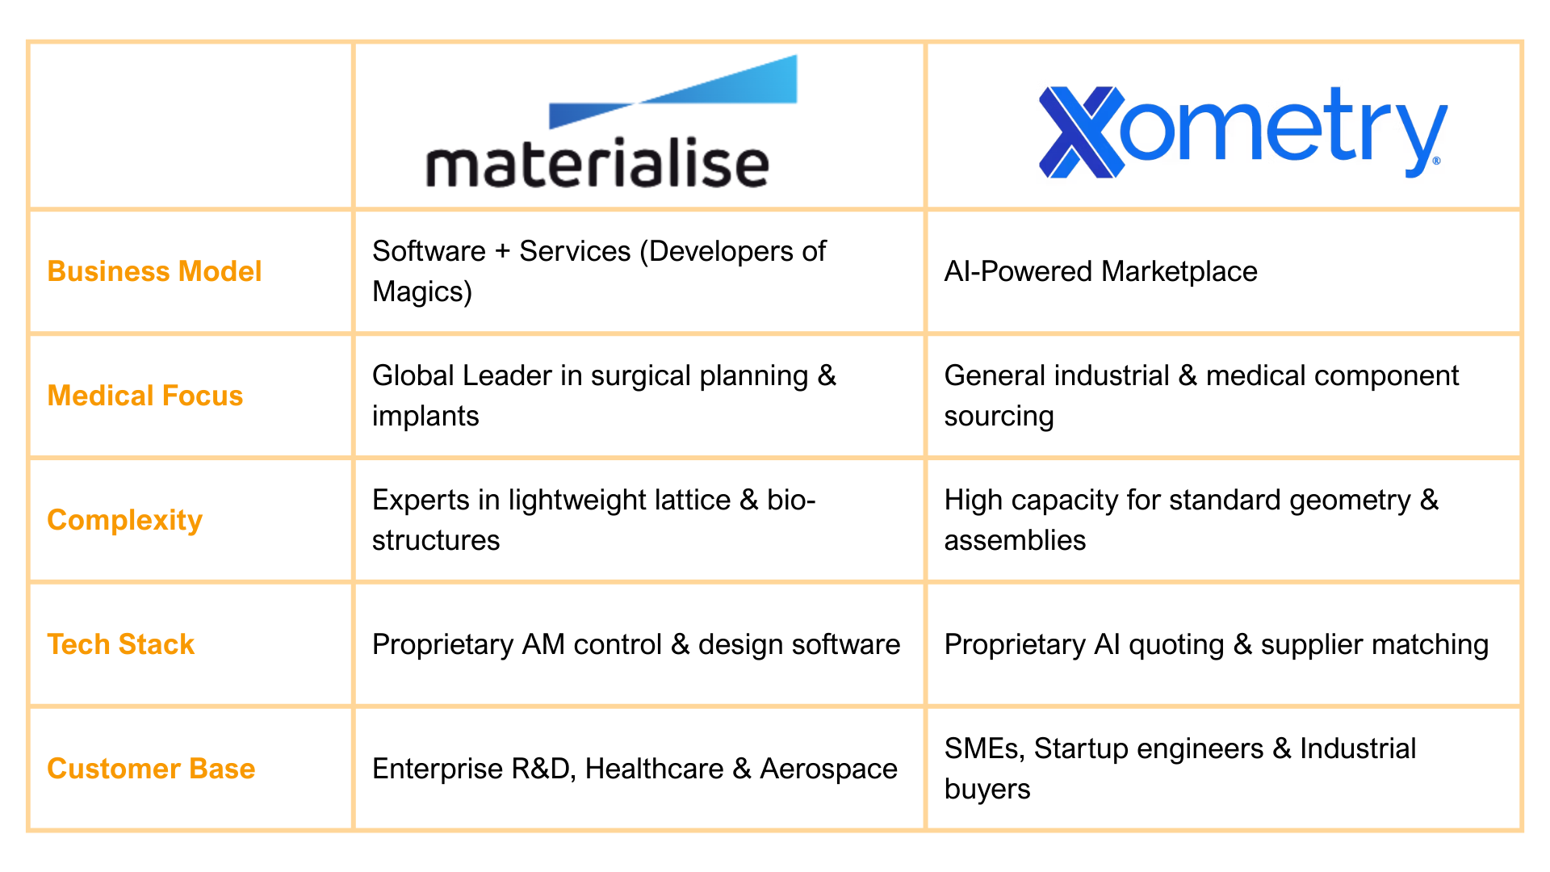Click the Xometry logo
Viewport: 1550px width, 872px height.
click(x=1242, y=132)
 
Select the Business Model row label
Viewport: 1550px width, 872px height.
click(x=154, y=271)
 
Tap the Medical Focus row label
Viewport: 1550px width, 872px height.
click(x=145, y=396)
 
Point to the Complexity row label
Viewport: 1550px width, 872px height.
click(x=124, y=520)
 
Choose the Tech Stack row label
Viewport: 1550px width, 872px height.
click(x=121, y=644)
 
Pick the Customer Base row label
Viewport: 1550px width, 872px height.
click(x=151, y=769)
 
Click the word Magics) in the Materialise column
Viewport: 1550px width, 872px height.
click(x=422, y=292)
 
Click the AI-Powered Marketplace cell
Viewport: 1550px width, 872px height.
click(x=1100, y=271)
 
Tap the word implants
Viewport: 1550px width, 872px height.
click(x=425, y=417)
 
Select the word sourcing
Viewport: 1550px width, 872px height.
click(x=999, y=417)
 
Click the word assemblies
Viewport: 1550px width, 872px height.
click(x=1015, y=541)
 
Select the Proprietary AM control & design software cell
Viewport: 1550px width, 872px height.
click(x=635, y=644)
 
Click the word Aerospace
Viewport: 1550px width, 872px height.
click(x=828, y=769)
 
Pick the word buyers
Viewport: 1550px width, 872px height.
click(x=987, y=790)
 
